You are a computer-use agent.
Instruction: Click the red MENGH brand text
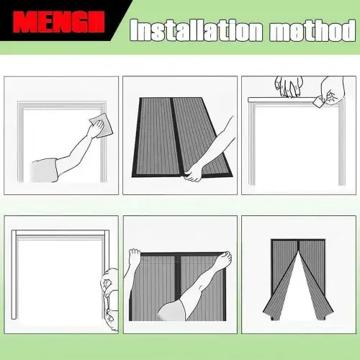click(59, 22)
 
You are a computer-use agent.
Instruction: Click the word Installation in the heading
click(196, 30)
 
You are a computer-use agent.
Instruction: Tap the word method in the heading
click(312, 30)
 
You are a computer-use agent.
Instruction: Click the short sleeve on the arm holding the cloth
click(45, 170)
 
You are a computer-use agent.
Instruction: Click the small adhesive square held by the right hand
click(318, 102)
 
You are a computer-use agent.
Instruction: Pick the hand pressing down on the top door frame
click(289, 86)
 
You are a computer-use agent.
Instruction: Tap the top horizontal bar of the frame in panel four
click(60, 233)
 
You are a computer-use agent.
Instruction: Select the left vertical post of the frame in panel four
click(14, 275)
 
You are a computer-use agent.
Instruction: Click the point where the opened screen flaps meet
click(299, 251)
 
